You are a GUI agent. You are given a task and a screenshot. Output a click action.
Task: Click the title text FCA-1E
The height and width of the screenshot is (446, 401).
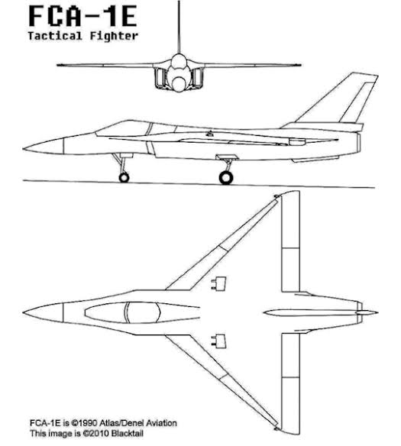tap(82, 16)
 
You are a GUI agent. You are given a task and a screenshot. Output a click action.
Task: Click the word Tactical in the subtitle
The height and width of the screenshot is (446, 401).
tap(55, 36)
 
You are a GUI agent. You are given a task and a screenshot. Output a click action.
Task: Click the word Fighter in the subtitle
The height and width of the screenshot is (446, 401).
tap(115, 36)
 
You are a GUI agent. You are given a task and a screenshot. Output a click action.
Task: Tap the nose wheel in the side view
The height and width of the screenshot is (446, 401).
tap(124, 177)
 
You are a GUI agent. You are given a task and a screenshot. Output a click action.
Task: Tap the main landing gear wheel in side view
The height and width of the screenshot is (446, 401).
tap(226, 177)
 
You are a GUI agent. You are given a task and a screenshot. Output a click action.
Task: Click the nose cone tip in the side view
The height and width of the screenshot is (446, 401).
tap(24, 148)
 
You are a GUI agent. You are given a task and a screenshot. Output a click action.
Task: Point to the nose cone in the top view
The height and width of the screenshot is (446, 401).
tap(43, 312)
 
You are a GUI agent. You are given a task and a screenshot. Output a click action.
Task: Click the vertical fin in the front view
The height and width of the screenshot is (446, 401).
tap(179, 27)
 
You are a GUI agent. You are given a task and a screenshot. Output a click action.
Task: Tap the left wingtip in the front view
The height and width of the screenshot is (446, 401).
tap(58, 65)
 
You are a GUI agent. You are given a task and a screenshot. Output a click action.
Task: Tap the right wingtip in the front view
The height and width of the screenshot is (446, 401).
tap(299, 65)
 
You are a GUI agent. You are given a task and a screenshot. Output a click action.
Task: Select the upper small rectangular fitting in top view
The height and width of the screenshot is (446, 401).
tap(219, 283)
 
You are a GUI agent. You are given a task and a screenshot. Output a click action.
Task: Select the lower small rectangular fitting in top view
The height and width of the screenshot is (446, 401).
tap(219, 341)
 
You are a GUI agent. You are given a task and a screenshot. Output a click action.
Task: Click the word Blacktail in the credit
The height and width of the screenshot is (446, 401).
tap(127, 434)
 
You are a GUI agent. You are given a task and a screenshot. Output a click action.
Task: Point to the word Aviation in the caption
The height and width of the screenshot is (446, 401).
tap(161, 423)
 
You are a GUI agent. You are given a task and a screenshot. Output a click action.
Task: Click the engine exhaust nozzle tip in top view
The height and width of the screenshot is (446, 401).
tap(377, 312)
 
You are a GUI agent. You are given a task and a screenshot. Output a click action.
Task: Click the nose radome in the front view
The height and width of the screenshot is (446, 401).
tap(178, 84)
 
